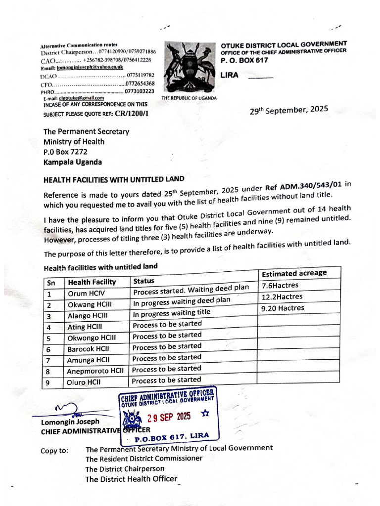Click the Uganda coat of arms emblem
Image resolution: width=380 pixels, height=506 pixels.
(189, 68)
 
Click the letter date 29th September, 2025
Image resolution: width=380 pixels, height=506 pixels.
(289, 110)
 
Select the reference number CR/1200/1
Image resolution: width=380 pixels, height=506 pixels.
(132, 114)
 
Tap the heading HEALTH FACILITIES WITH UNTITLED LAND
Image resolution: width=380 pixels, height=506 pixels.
(114, 179)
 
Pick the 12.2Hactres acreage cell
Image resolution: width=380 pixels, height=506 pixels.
(282, 297)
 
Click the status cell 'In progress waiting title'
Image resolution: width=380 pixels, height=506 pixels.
(172, 313)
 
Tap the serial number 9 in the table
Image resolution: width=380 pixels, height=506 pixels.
(49, 382)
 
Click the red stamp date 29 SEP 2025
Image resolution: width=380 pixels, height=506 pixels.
(170, 416)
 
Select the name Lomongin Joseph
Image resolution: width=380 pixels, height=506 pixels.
(70, 422)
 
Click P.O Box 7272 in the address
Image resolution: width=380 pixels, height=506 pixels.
(65, 152)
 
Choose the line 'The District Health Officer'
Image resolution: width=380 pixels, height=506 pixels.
(131, 479)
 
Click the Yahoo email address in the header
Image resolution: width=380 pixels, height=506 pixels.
(90, 67)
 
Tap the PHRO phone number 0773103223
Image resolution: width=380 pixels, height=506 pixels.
(140, 91)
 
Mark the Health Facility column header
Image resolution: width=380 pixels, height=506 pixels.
(92, 282)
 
